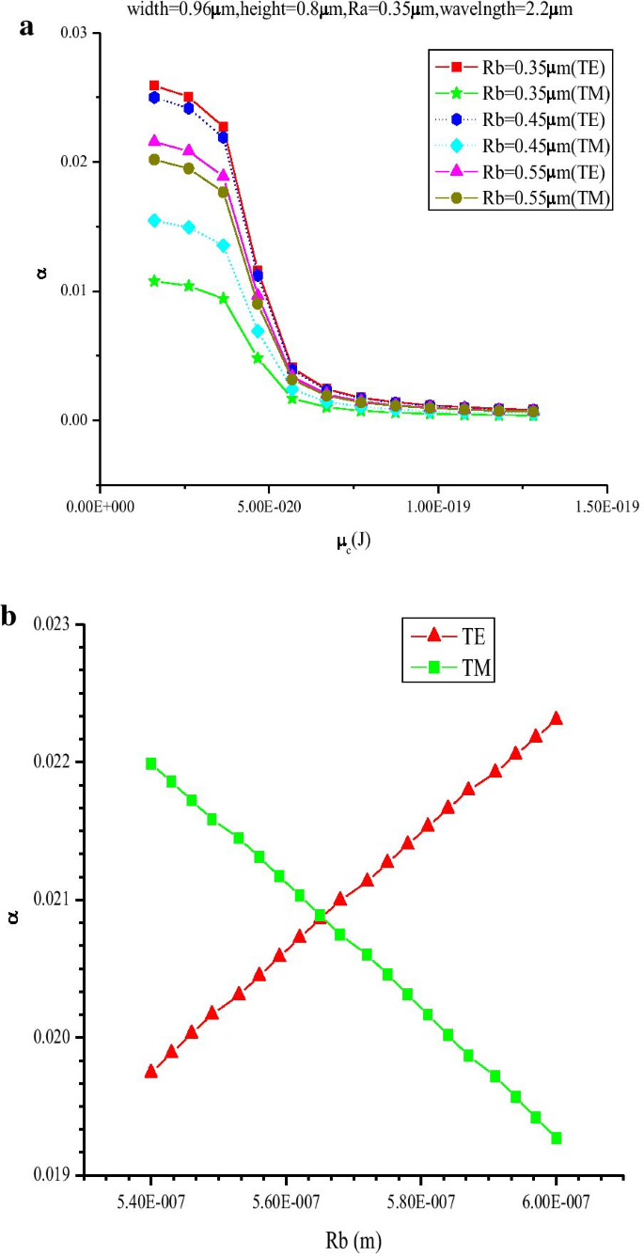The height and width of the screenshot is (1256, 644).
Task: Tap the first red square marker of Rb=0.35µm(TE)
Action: tap(154, 86)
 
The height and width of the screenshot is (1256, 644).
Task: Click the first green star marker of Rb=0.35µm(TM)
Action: tap(154, 281)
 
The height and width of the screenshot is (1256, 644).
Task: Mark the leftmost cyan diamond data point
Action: tap(154, 220)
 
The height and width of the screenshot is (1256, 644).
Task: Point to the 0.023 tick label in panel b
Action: tap(55, 625)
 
